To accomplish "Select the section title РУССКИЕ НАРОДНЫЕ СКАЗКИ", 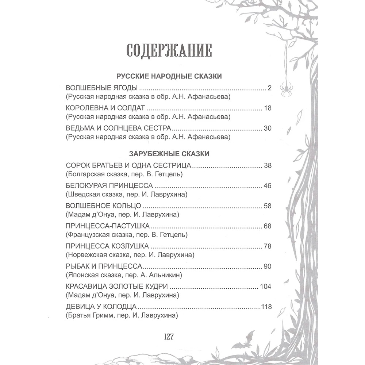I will tap(169, 77).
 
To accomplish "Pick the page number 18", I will tap(267, 108).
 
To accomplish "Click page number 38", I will tap(267, 166).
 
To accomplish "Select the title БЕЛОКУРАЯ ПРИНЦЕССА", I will tap(109, 185).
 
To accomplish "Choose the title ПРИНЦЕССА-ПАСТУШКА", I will tap(108, 226).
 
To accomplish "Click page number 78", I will tap(267, 246).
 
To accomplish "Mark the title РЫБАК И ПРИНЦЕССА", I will tap(104, 266).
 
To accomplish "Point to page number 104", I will tap(265, 286).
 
